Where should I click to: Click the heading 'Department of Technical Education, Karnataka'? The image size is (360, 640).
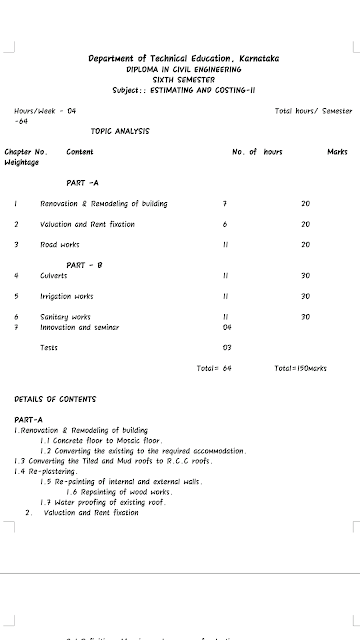tap(183, 60)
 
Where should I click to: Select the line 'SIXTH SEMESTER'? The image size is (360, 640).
tap(183, 78)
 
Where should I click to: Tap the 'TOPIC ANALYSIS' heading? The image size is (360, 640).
tap(119, 131)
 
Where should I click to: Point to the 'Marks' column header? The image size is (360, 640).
tap(337, 151)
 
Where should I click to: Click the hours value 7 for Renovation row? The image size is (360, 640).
tap(226, 203)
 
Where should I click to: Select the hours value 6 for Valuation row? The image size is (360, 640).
tap(226, 224)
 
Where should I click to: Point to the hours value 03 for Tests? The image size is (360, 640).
tap(227, 347)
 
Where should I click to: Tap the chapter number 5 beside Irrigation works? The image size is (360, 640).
tap(17, 296)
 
